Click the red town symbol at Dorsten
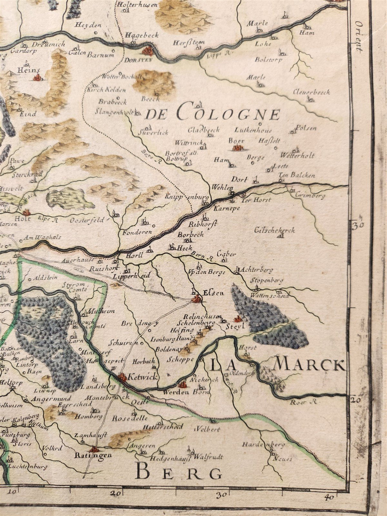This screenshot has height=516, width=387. click(148, 50)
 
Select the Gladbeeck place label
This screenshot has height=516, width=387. click(203, 130)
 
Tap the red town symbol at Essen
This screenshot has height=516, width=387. click(196, 300)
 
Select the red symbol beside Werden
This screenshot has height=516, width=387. click(183, 384)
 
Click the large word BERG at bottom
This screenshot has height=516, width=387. click(179, 472)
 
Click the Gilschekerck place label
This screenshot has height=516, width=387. click(274, 230)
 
